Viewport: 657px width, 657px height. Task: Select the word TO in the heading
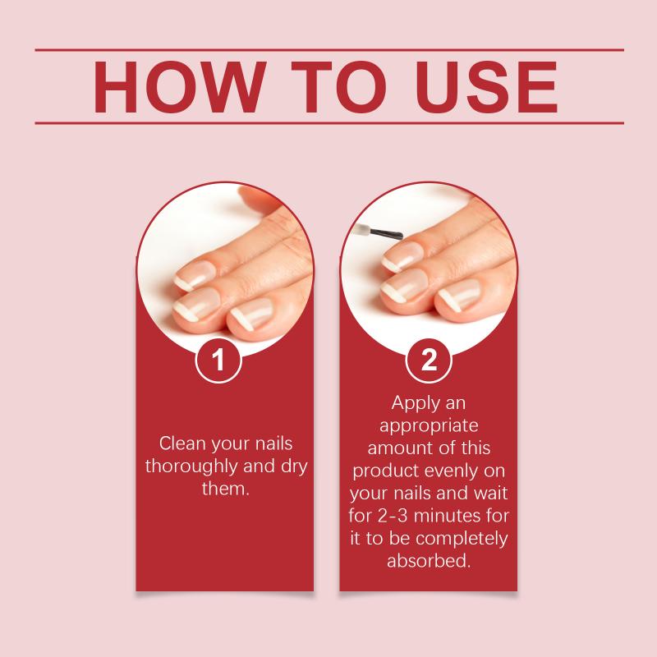(338, 87)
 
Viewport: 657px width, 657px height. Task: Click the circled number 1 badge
(218, 360)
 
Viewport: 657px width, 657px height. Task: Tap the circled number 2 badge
(429, 360)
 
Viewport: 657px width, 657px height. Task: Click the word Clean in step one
(182, 443)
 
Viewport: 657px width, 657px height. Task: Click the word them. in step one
(225, 489)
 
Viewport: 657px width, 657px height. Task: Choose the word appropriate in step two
(429, 426)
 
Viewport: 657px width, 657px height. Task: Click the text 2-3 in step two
(393, 516)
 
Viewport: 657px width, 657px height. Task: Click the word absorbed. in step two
(429, 561)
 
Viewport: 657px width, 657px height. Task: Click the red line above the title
(329, 50)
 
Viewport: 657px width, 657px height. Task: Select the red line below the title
(329, 123)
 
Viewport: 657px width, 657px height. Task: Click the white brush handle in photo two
(361, 230)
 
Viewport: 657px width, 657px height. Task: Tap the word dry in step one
(294, 466)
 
